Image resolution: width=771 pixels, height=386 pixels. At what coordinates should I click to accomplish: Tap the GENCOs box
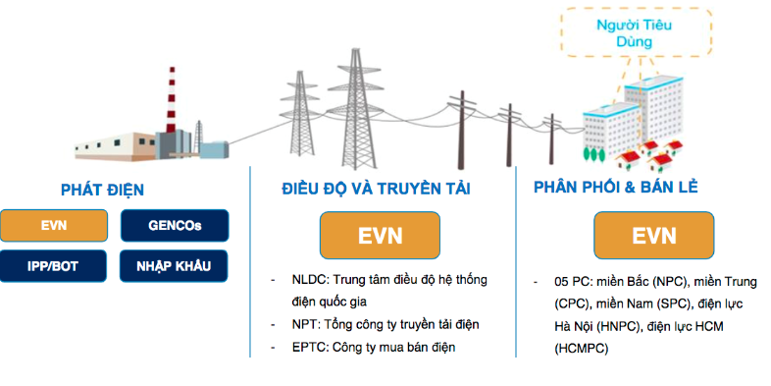[x=175, y=225]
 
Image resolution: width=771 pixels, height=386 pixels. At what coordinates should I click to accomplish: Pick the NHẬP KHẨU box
[x=175, y=264]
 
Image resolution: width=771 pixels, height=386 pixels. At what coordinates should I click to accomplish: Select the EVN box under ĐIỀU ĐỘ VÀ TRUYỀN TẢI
[x=380, y=236]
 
